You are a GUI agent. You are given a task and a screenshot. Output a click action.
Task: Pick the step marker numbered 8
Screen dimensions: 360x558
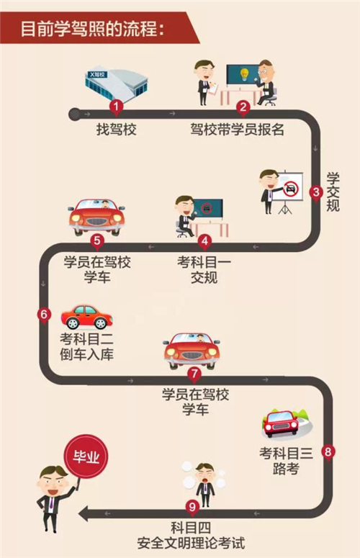tap(328, 453)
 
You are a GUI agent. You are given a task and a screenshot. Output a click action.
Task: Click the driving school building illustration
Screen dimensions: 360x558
tap(116, 85)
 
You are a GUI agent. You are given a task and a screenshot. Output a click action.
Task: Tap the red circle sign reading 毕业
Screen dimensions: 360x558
tap(86, 456)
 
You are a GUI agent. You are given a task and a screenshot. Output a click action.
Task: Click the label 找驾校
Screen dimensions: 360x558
tap(117, 130)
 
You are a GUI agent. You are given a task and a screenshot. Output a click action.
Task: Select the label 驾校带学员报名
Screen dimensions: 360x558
tap(238, 130)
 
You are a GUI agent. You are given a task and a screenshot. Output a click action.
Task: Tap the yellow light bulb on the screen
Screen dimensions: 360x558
tap(244, 74)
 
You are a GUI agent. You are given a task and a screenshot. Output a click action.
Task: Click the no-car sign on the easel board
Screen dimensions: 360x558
tap(291, 188)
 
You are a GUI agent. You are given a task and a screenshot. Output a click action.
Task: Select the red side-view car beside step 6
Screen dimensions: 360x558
tap(86, 317)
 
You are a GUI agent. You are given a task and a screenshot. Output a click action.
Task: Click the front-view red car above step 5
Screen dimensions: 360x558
tap(96, 217)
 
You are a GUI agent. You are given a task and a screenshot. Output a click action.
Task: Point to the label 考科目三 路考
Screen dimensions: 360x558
tap(286, 462)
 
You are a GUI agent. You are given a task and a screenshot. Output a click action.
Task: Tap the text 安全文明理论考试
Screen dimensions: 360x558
tap(191, 543)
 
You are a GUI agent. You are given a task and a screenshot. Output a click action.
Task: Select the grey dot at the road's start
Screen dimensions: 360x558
tap(74, 114)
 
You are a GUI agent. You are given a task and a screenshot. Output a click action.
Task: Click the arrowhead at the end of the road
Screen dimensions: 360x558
tap(84, 514)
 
